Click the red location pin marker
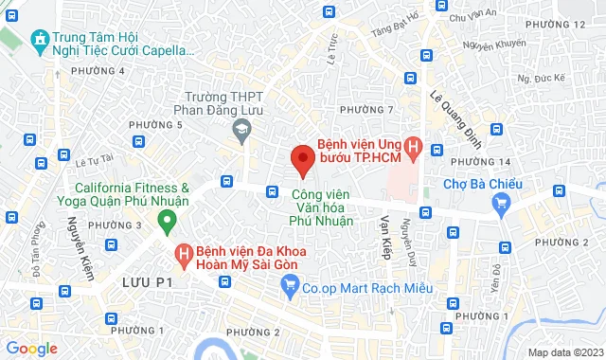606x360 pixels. click(x=301, y=159)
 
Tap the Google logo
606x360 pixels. click(x=31, y=349)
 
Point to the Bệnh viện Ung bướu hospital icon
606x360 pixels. click(x=413, y=148)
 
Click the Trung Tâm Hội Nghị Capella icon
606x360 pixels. click(x=39, y=40)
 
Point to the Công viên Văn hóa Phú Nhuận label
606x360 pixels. click(x=321, y=207)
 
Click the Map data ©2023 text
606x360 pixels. click(x=564, y=352)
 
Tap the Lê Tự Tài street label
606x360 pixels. click(x=94, y=158)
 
